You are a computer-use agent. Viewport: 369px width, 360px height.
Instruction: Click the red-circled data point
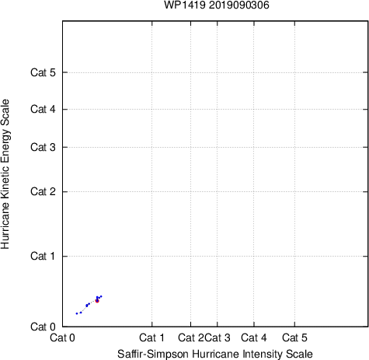[97, 301]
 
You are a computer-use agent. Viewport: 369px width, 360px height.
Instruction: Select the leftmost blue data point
[77, 313]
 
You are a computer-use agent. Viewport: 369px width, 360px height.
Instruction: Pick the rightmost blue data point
[101, 296]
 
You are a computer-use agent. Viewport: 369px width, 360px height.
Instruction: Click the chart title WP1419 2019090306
[217, 5]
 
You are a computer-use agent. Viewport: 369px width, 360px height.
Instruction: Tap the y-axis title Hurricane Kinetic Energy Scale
[5, 174]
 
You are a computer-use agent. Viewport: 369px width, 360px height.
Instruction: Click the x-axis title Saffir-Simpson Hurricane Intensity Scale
[215, 354]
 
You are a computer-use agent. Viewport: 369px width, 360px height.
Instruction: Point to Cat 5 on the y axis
[43, 72]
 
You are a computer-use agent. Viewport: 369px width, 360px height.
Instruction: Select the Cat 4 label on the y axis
[43, 109]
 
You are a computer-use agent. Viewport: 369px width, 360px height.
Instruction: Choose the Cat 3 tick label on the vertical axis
[43, 147]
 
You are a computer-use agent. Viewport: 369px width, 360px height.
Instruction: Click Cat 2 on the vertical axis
[43, 192]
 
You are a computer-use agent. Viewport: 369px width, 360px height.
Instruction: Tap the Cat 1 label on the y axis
[43, 256]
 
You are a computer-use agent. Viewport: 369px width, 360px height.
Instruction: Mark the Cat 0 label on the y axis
[43, 327]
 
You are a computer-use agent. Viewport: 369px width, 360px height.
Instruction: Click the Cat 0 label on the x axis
[62, 337]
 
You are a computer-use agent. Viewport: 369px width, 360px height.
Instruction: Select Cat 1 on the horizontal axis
[151, 337]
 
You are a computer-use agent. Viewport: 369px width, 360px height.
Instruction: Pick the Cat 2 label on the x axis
[191, 337]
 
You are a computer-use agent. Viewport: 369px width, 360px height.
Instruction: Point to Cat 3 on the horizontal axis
[218, 337]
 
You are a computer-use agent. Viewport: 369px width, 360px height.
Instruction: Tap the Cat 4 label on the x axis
[254, 337]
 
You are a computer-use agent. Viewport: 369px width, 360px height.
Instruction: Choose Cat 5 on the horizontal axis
[294, 337]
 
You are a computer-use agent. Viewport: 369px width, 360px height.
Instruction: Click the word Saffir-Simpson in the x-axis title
[153, 354]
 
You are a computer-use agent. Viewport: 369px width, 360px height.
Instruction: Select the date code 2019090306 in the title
[238, 5]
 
